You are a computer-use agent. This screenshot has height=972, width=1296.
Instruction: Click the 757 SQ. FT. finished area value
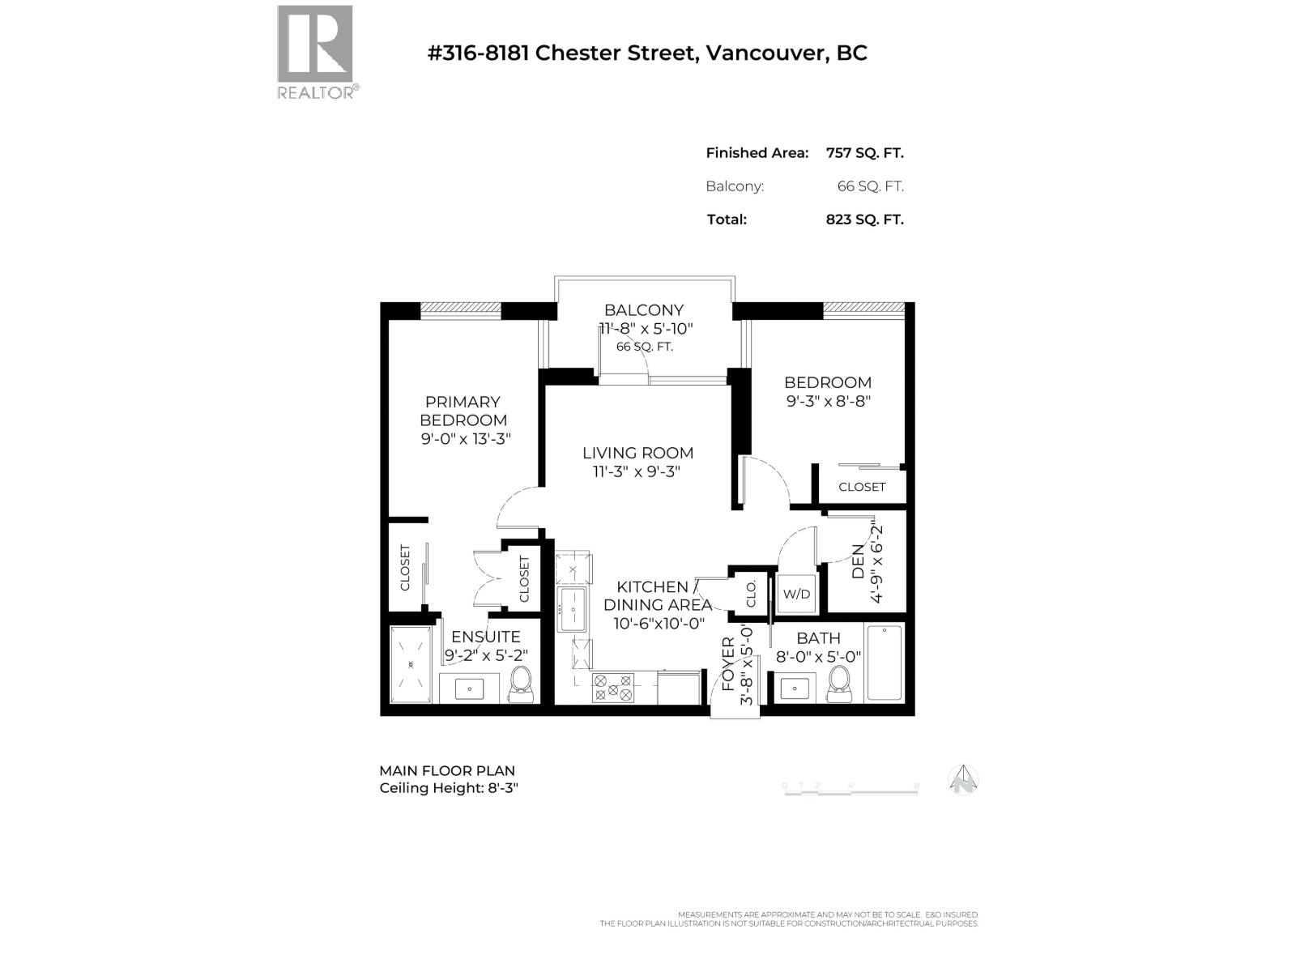click(864, 152)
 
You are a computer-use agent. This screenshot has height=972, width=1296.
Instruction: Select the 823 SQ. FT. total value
click(864, 219)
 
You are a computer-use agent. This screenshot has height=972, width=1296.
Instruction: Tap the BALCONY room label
click(644, 309)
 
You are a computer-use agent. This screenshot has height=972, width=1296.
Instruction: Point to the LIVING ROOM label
click(637, 453)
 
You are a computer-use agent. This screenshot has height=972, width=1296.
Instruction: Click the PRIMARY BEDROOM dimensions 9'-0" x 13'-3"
click(465, 439)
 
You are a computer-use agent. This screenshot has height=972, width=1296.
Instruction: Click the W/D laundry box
click(796, 594)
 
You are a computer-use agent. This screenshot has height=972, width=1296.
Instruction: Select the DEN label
click(858, 561)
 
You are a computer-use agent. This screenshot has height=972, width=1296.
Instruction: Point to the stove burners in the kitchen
click(613, 688)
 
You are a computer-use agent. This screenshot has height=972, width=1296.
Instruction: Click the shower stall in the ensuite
click(411, 664)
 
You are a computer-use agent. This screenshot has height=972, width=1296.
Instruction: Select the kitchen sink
click(572, 609)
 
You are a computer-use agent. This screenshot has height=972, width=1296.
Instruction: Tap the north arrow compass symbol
click(963, 780)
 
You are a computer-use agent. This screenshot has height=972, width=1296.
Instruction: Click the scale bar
click(850, 789)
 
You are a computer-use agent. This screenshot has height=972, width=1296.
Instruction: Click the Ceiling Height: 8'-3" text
click(448, 787)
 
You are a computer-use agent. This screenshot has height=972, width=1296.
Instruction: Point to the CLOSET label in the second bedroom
click(862, 487)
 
